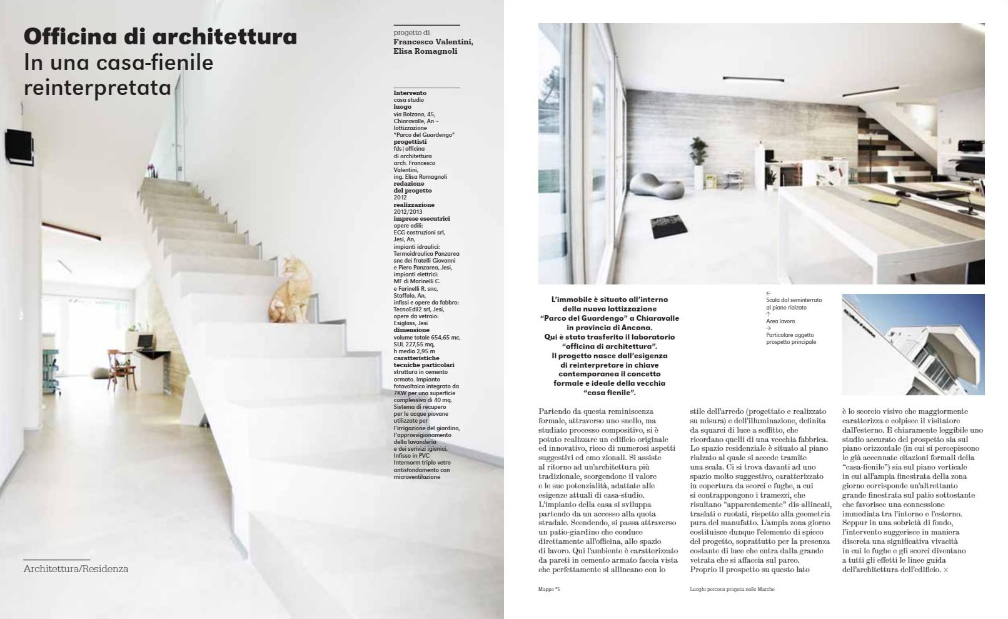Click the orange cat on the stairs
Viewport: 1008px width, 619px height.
click(288, 288)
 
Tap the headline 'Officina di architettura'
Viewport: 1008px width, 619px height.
click(160, 37)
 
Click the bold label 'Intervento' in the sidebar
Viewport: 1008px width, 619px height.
click(410, 93)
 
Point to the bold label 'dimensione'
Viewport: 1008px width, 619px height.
click(411, 330)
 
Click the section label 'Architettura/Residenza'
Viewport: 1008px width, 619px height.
click(76, 569)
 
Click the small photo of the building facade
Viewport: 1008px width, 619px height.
click(913, 345)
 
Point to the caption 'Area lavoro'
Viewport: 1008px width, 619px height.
click(780, 321)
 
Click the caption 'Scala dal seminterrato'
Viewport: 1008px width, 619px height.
click(794, 300)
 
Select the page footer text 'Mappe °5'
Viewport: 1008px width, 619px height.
click(549, 589)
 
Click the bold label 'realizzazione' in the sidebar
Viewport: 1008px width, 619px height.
click(414, 205)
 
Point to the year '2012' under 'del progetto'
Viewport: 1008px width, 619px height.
click(400, 198)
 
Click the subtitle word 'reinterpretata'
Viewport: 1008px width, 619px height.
click(98, 88)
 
